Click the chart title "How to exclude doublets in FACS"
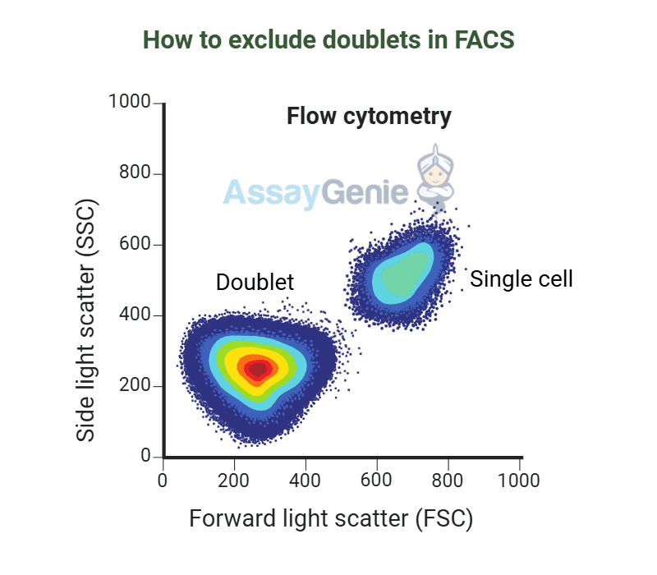click(328, 40)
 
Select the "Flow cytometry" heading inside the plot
click(369, 117)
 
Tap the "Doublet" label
click(255, 282)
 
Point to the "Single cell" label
click(521, 279)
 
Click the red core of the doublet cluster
click(258, 369)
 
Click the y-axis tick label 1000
click(130, 103)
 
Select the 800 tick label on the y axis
click(136, 173)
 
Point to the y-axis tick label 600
click(136, 245)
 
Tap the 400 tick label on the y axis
click(136, 315)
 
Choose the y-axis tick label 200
click(136, 386)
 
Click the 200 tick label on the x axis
click(234, 480)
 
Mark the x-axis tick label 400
click(306, 480)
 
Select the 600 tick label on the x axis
click(377, 480)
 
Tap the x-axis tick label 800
click(448, 480)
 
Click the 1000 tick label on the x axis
click(519, 480)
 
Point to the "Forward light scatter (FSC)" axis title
click(332, 519)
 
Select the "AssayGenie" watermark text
click(315, 193)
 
